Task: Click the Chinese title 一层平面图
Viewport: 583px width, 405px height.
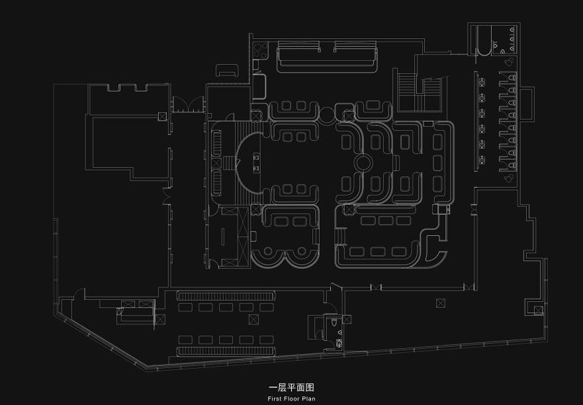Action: click(291, 388)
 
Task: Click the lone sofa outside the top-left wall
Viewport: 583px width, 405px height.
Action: click(227, 71)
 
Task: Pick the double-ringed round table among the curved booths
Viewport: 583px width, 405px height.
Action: click(363, 163)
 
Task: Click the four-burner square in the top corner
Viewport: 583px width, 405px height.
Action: click(260, 51)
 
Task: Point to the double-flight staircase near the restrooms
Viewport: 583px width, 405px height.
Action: click(419, 92)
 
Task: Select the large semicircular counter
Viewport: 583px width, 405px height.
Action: click(249, 163)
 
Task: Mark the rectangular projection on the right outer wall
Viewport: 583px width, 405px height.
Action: click(527, 103)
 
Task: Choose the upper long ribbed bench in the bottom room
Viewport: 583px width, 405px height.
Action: click(226, 296)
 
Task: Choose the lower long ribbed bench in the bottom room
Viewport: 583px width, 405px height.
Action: click(226, 351)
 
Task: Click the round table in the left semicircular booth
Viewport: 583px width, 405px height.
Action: click(268, 251)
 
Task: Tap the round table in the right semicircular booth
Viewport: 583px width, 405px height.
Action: click(301, 251)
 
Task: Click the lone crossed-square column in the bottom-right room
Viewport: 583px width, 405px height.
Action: click(440, 303)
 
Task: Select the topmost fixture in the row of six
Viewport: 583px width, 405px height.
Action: click(482, 81)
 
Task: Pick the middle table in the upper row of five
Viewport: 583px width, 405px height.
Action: click(226, 307)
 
